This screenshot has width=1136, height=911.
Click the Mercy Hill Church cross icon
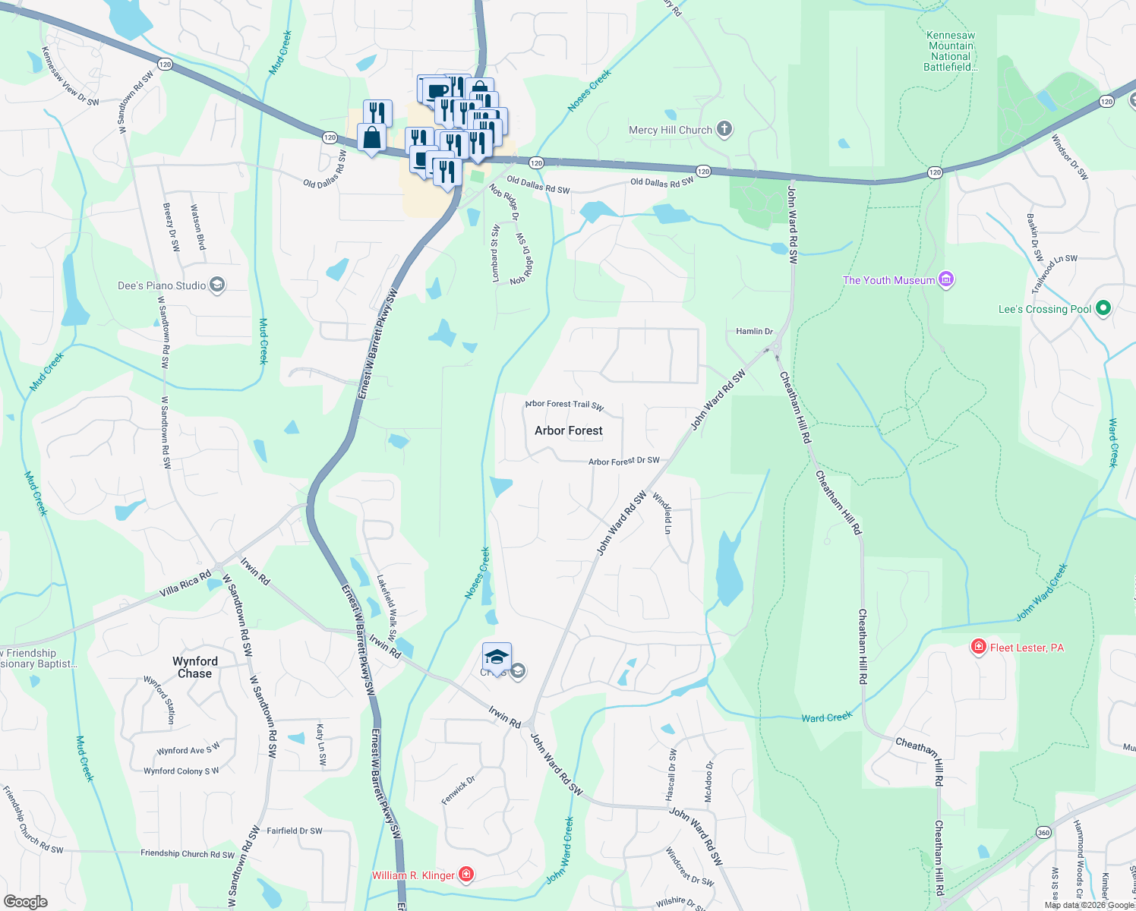point(724,129)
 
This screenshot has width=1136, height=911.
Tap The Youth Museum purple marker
point(946,280)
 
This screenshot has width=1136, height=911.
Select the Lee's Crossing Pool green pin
point(1104,308)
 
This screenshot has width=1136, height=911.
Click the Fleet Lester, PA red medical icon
point(979,647)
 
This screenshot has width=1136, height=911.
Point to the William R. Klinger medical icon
point(466,875)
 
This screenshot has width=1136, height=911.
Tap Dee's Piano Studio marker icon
point(217,285)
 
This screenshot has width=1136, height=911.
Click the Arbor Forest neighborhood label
point(568,430)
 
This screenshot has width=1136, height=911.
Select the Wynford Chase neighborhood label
point(195,667)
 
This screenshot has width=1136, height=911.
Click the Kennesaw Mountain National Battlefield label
point(951,51)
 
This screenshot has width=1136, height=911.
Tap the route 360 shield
point(1043,833)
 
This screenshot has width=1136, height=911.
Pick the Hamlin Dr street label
point(754,332)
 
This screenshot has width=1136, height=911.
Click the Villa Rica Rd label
point(185,585)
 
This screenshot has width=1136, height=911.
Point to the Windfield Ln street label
point(662,514)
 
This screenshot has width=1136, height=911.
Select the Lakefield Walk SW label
point(387,607)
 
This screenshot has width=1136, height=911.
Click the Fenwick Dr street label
point(458,790)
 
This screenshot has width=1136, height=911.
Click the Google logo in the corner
point(26,902)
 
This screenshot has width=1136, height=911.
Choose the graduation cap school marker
point(497,657)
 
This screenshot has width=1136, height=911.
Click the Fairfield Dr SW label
point(295,831)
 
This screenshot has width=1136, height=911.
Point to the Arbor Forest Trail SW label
point(564,405)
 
